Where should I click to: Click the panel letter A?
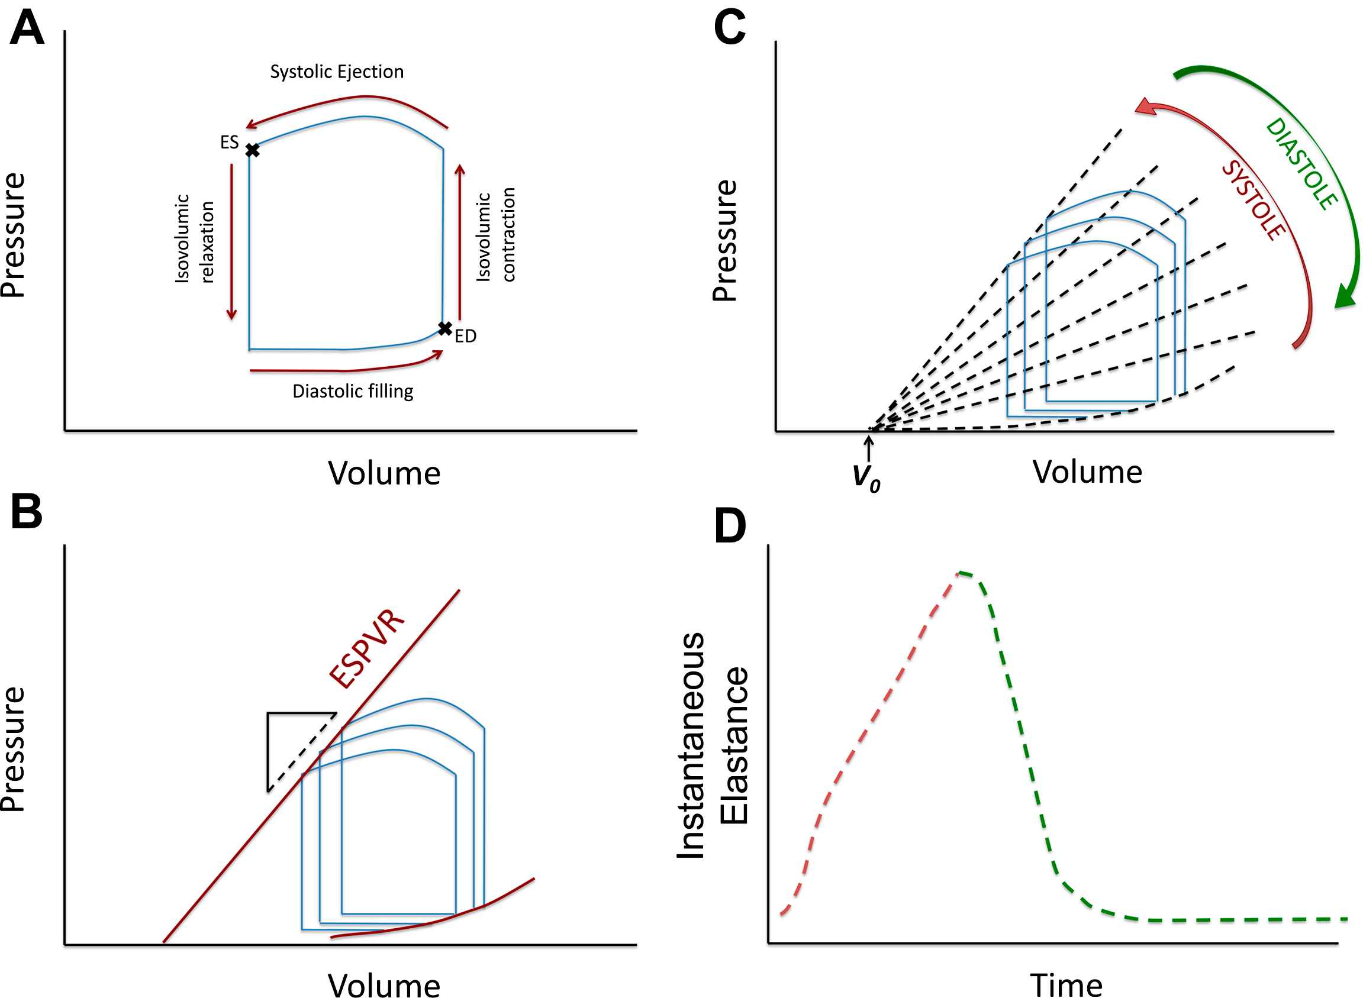click(27, 29)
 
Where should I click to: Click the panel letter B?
click(27, 512)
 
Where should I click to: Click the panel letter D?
click(730, 527)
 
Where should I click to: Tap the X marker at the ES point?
click(253, 150)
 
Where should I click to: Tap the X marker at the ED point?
click(445, 329)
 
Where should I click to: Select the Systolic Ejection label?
click(337, 72)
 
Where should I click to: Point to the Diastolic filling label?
click(353, 392)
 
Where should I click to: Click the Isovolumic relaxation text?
click(195, 238)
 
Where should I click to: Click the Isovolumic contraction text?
click(495, 234)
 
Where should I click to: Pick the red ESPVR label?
click(366, 649)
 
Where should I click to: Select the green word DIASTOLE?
click(1301, 164)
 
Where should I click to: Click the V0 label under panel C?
click(866, 477)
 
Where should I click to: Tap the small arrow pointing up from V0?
click(869, 448)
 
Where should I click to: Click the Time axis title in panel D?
click(1066, 985)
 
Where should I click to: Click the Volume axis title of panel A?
click(384, 473)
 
